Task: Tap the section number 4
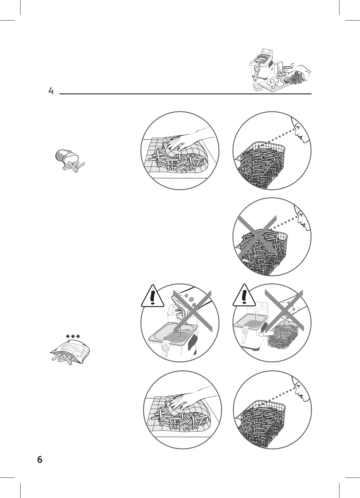(x=51, y=91)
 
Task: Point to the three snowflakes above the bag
(x=71, y=336)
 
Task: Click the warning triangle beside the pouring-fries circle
(x=152, y=295)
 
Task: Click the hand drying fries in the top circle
(x=187, y=140)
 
